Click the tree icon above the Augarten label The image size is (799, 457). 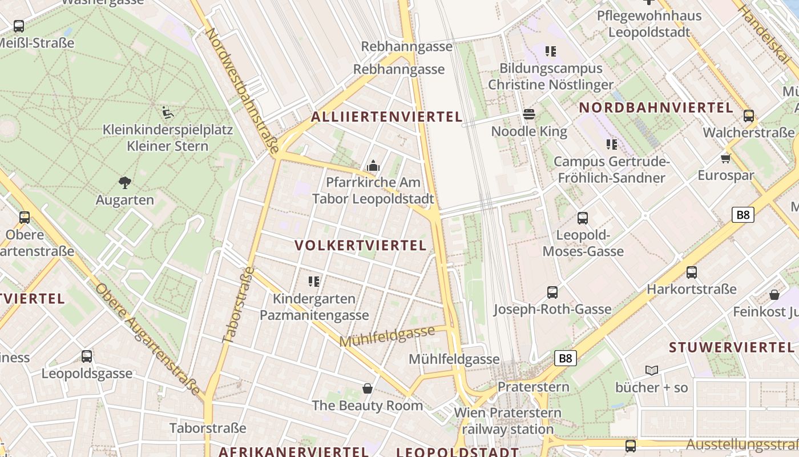pos(124,183)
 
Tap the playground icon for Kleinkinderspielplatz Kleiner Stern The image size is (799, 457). pos(167,112)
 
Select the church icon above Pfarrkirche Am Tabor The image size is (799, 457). pos(373,166)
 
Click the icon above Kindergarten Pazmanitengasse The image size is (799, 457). pos(313,281)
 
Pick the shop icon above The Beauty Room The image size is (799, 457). pos(368,388)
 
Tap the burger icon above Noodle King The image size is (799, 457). pos(529,114)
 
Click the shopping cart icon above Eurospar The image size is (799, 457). pos(725,158)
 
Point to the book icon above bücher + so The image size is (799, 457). pos(652,370)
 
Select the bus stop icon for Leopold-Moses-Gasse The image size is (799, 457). pos(583,218)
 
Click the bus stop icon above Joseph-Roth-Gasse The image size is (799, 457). pos(552,292)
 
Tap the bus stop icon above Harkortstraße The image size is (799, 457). pos(692,272)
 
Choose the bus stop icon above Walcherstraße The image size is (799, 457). pos(749,116)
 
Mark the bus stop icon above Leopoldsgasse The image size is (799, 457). pos(87,356)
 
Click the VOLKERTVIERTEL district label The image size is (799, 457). pos(360,246)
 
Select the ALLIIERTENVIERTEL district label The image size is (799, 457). pos(386,117)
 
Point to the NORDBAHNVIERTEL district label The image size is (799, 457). pos(656,107)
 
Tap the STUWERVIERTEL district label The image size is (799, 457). pos(731,347)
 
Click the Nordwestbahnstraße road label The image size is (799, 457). pos(242,90)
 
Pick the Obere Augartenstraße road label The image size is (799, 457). pos(149,340)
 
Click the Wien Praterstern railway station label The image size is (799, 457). pos(507,420)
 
